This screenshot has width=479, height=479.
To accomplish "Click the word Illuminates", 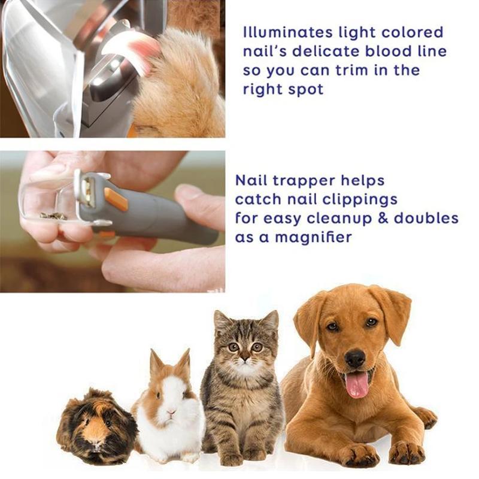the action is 287,32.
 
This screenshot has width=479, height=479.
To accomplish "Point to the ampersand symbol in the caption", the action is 383,218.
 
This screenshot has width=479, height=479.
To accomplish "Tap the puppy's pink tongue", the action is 357,384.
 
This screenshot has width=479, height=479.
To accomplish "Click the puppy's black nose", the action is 355,358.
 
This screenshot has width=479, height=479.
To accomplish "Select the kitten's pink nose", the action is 244,357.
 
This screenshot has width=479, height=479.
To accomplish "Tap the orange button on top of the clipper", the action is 116,199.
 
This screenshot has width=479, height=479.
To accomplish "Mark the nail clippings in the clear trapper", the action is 53,216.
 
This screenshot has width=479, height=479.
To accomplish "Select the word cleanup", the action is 339,219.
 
